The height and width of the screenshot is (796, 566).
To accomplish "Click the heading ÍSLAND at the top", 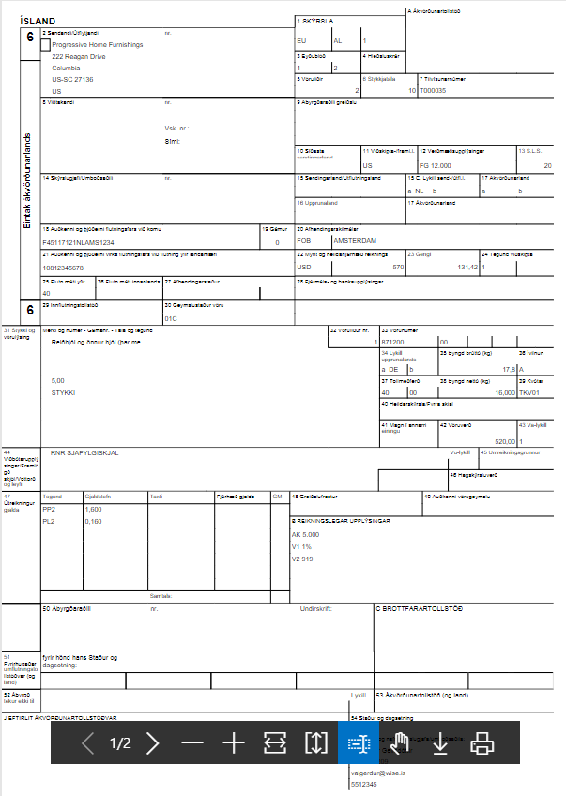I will pyautogui.click(x=38, y=21).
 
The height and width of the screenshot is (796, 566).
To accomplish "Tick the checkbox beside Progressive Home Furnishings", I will pyautogui.click(x=46, y=44).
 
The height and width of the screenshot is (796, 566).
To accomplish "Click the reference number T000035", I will pyautogui.click(x=433, y=91).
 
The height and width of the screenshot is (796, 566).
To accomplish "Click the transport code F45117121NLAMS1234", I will pyautogui.click(x=79, y=242).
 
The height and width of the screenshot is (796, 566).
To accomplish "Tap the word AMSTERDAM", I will pyautogui.click(x=355, y=241).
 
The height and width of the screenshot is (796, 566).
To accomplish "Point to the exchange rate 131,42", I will pyautogui.click(x=467, y=268).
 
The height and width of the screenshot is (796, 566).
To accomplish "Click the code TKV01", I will pyautogui.click(x=531, y=393).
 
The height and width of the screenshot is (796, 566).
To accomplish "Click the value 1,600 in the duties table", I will pyautogui.click(x=94, y=509).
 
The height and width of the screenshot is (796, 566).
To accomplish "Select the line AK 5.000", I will pyautogui.click(x=307, y=535).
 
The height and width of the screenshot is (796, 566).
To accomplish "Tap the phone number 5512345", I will pyautogui.click(x=364, y=782).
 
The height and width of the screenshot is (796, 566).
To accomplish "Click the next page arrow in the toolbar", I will pyautogui.click(x=153, y=744).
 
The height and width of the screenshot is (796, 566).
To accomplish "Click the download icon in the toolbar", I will pyautogui.click(x=440, y=744).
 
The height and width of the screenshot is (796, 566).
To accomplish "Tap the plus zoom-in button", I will pyautogui.click(x=233, y=744).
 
